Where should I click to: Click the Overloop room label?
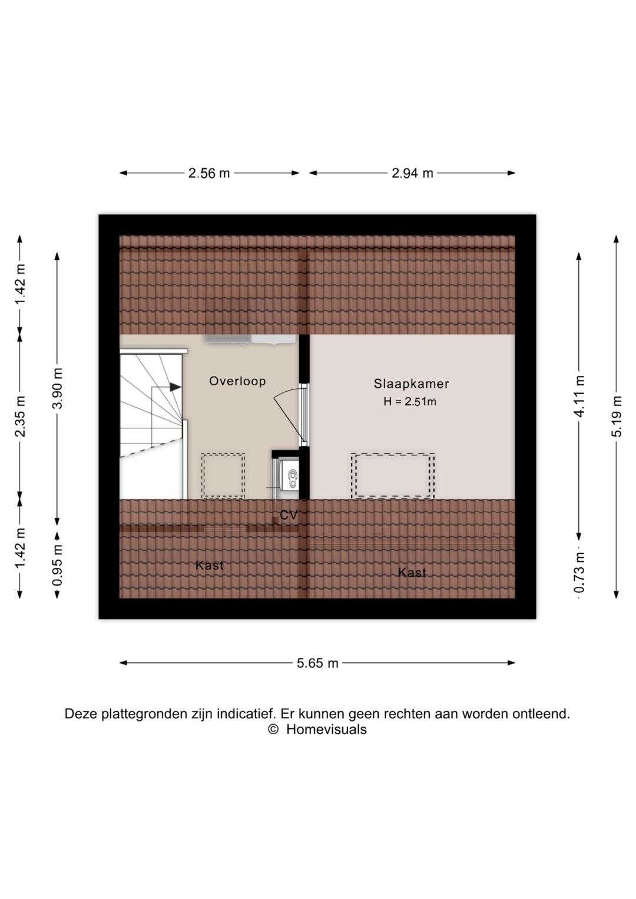[237, 381]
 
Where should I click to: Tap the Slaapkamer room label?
[411, 384]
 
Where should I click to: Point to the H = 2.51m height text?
[410, 401]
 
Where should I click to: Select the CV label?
[289, 515]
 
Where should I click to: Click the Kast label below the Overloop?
[210, 566]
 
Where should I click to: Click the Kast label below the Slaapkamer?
[412, 572]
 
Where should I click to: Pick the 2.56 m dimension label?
[209, 173]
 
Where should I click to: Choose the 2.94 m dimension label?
[412, 173]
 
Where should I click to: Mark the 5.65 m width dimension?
[317, 663]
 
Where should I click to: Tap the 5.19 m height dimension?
[617, 416]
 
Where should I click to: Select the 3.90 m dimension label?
[58, 388]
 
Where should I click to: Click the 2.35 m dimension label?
[20, 416]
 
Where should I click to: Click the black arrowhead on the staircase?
[175, 387]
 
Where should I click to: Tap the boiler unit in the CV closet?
[290, 475]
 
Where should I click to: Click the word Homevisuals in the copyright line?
[326, 729]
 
